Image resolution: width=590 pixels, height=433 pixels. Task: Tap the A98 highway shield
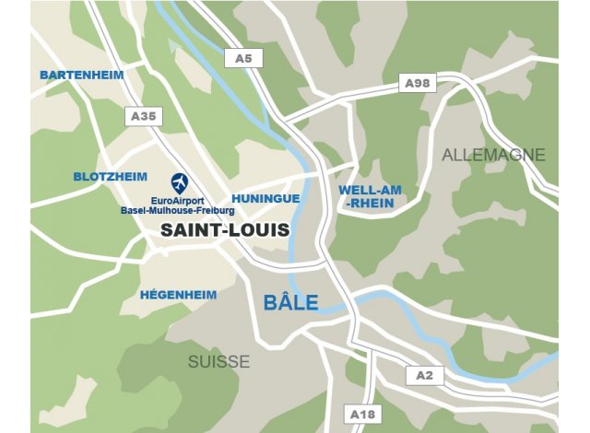417,84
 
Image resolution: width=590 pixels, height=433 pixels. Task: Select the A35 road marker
144,116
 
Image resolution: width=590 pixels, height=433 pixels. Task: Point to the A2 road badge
423,375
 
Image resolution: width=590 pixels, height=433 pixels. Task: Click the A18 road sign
361,415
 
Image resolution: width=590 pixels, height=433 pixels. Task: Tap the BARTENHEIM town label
81,74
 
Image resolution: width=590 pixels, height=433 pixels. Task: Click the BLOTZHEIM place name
110,177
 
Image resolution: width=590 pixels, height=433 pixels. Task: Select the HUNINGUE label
265,198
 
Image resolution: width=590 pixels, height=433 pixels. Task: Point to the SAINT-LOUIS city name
224,230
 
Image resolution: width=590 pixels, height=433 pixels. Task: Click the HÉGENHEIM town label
178,295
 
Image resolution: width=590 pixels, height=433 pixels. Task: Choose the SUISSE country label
218,362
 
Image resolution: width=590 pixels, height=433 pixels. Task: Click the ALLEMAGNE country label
493,155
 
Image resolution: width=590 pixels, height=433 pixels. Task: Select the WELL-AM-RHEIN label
368,197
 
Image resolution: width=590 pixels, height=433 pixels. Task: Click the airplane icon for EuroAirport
180,182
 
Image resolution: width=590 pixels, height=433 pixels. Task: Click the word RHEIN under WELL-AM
371,204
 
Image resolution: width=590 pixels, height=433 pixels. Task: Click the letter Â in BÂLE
281,301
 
